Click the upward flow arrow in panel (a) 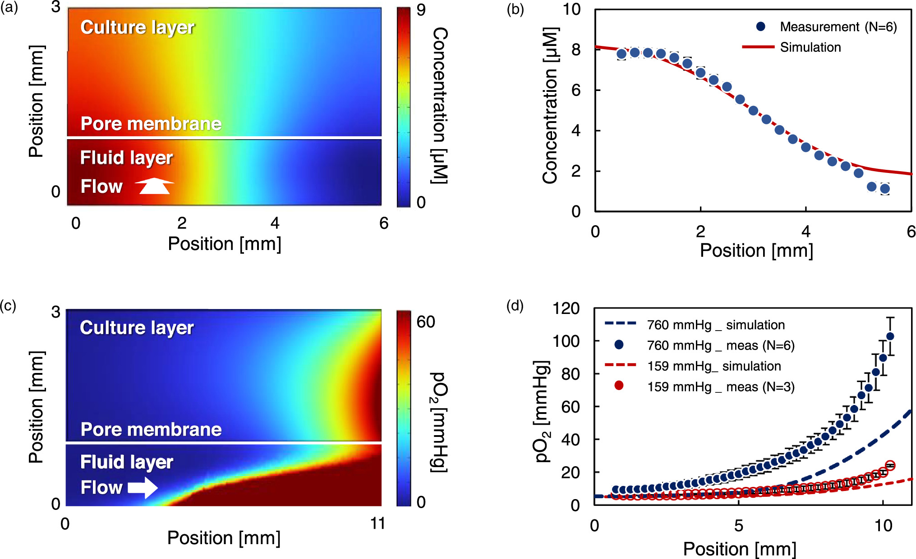154,186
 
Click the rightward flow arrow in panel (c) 143,487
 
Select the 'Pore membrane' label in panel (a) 151,123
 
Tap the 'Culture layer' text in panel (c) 137,327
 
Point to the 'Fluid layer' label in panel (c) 126,462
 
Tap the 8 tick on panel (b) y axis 576,50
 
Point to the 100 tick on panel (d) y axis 566,341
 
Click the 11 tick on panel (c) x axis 377,523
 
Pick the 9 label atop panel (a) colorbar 421,10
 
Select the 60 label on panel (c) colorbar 425,322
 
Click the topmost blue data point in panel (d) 890,336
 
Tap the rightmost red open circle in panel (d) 890,465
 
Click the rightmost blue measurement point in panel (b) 884,189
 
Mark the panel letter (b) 515,9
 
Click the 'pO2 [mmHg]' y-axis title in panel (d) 542,411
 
